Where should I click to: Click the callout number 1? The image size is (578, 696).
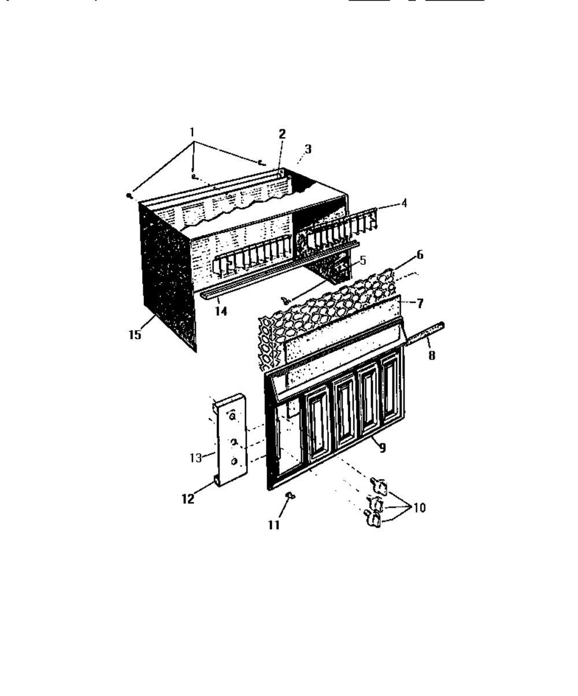[192, 132]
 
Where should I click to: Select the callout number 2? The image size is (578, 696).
[282, 134]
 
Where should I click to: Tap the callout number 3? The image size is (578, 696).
[308, 149]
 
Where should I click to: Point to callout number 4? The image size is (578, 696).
[404, 203]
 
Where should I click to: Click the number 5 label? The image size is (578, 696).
[362, 260]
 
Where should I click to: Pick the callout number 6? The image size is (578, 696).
[419, 255]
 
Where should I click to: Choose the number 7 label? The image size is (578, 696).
[420, 303]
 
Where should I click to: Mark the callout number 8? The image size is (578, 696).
[432, 356]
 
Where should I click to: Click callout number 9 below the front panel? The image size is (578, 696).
[382, 447]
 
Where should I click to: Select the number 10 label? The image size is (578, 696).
[419, 508]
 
